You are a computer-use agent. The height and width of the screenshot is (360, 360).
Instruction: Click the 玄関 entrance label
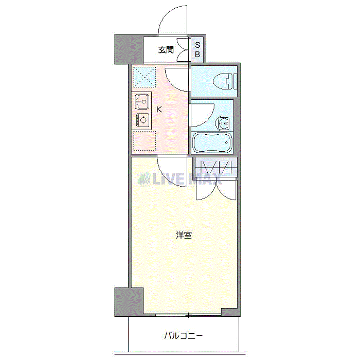(x=166, y=50)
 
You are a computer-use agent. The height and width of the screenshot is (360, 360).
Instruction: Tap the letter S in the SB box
(x=197, y=45)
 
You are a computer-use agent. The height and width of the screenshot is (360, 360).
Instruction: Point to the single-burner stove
(x=142, y=120)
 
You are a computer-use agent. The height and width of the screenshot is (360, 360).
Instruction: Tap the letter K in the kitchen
(x=159, y=109)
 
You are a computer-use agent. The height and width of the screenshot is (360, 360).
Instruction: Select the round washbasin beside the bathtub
(x=224, y=123)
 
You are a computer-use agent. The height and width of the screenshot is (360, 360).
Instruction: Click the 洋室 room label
(x=184, y=236)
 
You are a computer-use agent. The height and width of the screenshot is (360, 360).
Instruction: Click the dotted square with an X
(x=144, y=78)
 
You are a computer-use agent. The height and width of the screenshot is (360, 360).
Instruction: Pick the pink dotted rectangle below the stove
(x=144, y=141)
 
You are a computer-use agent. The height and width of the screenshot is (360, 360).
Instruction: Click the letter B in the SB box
(x=197, y=54)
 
